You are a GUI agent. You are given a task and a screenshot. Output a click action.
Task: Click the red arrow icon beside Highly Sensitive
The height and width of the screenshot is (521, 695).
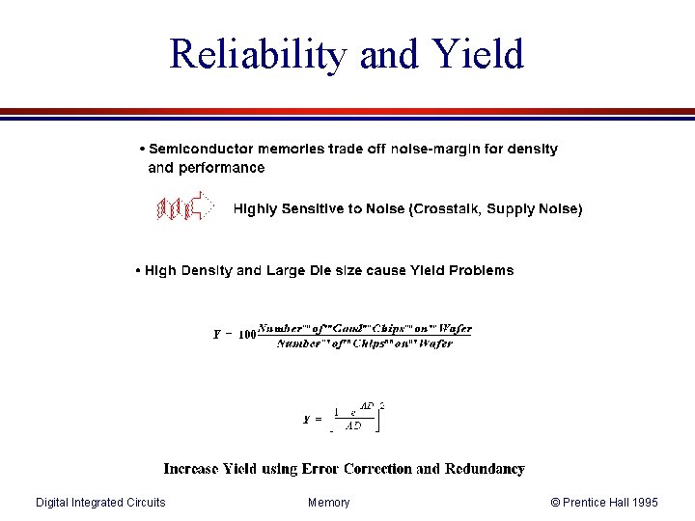click(x=184, y=207)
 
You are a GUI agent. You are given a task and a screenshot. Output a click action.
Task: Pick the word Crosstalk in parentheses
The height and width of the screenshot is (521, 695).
click(x=445, y=208)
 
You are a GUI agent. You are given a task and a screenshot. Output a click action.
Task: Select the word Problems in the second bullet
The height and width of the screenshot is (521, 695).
click(x=481, y=271)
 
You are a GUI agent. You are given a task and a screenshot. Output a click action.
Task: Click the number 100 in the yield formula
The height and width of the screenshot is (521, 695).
click(x=246, y=336)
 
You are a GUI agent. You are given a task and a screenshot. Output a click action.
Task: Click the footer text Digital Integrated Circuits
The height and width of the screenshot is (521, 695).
click(x=100, y=503)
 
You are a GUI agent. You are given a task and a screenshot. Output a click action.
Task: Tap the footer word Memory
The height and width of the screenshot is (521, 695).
click(x=329, y=503)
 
